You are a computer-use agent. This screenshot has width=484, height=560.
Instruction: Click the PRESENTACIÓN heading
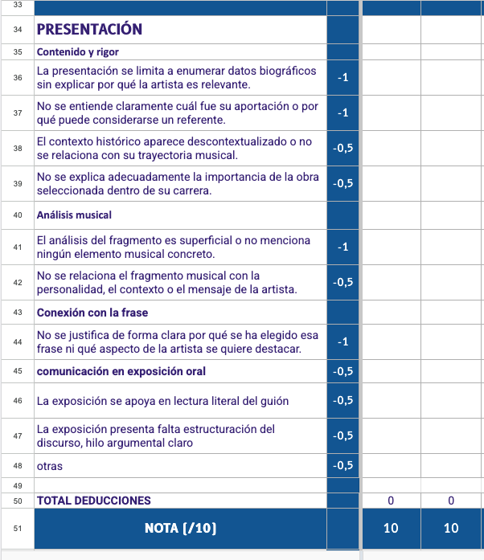[89, 30]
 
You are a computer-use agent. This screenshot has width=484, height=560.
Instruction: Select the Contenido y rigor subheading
[77, 51]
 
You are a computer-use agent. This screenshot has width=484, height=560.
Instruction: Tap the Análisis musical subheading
[74, 215]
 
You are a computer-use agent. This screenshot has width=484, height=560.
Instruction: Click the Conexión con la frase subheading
[92, 313]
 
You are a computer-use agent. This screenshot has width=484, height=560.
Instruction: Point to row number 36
[17, 78]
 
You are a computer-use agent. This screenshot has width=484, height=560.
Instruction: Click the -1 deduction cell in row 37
[343, 113]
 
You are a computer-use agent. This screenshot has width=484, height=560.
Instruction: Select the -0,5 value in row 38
[343, 148]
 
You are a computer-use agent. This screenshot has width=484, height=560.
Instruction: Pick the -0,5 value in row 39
[343, 183]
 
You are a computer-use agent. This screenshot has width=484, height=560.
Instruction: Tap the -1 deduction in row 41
[343, 247]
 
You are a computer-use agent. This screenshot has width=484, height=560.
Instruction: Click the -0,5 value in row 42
[343, 282]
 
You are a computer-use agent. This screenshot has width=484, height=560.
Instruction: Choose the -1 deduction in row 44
[343, 342]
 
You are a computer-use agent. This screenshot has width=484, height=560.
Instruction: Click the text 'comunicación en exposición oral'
[121, 371]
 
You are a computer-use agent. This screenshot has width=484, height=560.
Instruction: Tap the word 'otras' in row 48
[50, 466]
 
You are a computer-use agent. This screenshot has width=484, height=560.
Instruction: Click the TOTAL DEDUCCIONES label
[93, 501]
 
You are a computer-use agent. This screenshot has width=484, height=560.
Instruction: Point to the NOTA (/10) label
[180, 528]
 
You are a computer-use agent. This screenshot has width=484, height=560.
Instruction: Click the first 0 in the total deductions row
[391, 501]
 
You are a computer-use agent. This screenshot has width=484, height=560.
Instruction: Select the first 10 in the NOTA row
[391, 528]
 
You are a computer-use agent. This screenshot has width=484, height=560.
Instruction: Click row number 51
[17, 528]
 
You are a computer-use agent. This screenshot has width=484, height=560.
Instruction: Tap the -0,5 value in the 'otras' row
[343, 465]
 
